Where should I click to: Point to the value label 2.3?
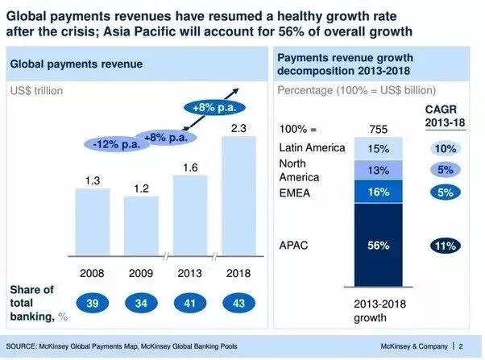[x=238, y=127]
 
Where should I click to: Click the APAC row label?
[x=294, y=245]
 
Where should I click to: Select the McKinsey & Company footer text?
[x=421, y=346]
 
